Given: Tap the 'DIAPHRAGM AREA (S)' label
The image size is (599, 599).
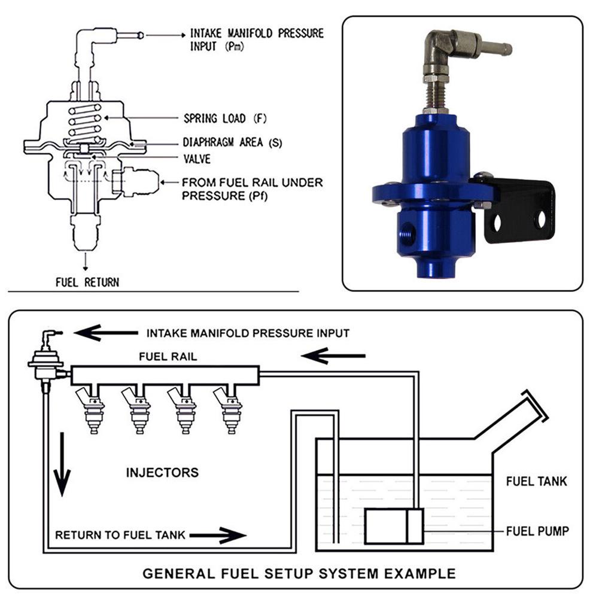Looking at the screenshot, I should [232, 144].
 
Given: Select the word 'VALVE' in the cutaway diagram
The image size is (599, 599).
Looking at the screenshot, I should [198, 160].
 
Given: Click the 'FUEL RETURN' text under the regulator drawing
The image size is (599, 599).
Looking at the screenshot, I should [87, 281].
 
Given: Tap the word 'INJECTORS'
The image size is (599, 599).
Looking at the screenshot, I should [162, 472].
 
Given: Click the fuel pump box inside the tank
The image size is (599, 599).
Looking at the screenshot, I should [394, 526].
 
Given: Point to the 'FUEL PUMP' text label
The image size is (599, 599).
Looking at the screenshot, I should [537, 530].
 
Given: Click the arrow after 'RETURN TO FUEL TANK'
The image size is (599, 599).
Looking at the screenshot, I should [224, 534].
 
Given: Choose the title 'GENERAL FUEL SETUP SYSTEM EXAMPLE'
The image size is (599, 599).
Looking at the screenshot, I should [299, 573].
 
